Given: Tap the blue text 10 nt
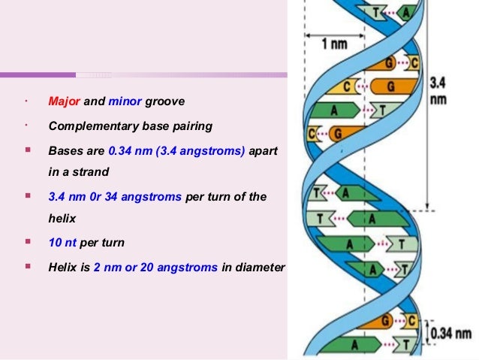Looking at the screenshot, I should (62, 244).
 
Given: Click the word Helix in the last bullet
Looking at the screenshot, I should (62, 267).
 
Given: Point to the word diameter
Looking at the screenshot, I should (261, 267).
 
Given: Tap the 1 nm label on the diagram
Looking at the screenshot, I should (335, 44).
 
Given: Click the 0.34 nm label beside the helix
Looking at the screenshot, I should (452, 333).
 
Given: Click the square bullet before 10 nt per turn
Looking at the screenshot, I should (27, 243).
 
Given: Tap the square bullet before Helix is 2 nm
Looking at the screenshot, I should (27, 266).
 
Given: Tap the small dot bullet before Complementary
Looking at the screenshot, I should (26, 125).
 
